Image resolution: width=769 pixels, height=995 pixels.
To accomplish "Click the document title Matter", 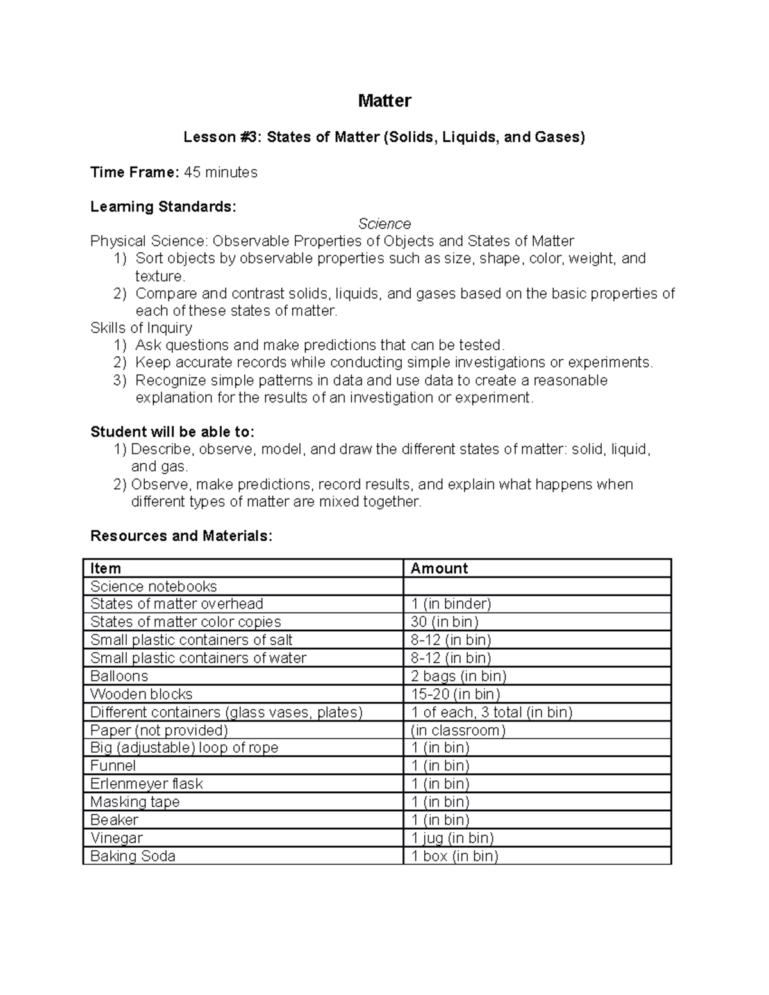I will coord(384,101).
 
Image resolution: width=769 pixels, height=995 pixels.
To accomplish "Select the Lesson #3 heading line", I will coord(384,137).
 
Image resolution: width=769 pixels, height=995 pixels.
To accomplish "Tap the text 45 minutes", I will coord(220,172).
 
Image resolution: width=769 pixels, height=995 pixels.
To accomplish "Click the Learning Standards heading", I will coord(163,207).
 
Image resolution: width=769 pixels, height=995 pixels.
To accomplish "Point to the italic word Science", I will coord(384,224).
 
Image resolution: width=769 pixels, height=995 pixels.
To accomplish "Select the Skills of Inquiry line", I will coord(141,328).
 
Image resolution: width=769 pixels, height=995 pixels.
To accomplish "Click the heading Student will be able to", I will coord(172,432).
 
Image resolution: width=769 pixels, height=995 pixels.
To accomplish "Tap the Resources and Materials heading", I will coord(181,536).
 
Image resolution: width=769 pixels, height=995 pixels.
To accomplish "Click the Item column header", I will coord(106,568).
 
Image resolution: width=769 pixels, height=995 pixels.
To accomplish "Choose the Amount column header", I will coord(439,568).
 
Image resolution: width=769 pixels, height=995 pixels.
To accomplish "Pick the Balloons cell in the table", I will coord(119,676).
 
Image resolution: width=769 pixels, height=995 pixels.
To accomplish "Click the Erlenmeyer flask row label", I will coord(146,784).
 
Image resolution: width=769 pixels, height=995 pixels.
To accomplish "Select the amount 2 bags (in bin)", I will coord(458,676).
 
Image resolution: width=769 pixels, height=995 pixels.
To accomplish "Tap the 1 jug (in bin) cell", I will coord(452,838).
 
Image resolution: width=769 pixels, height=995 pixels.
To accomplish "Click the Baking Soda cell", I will coord(133,856).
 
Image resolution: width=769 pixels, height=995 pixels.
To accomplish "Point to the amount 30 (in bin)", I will coord(444,622).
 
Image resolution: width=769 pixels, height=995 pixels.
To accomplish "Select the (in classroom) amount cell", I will coord(458,730).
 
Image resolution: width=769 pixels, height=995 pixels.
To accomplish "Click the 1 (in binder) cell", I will coord(451,604).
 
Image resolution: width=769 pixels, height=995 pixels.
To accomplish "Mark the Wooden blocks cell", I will coord(141,694).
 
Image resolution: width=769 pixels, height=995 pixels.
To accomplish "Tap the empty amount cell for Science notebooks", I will coord(537,586).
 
